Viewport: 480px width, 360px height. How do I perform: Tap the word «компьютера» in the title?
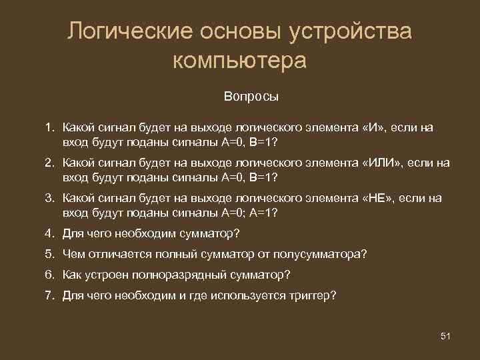pos(240,61)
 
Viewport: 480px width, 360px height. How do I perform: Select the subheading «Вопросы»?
pos(251,96)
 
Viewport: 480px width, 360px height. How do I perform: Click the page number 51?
pos(446,335)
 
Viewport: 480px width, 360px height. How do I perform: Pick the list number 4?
pos(49,233)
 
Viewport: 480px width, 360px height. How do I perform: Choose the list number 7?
pos(49,295)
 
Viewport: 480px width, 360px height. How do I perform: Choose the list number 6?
pos(49,274)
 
